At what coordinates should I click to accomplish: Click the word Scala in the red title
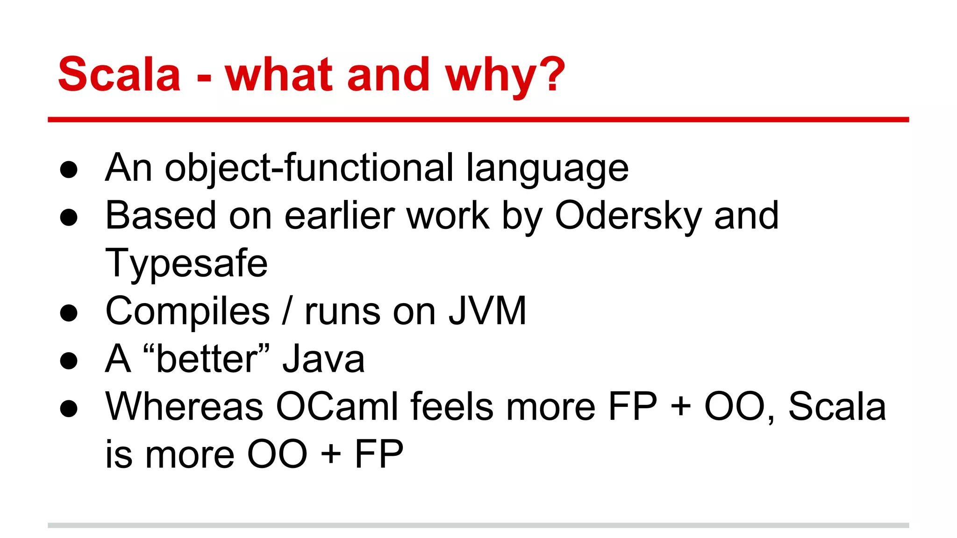click(119, 75)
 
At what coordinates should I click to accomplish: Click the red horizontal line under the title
click(478, 120)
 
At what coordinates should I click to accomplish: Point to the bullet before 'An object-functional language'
click(69, 170)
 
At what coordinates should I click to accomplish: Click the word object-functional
click(309, 168)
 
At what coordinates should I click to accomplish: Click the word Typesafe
click(186, 264)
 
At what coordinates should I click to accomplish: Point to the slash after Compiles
click(287, 311)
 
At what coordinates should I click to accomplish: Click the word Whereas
click(184, 406)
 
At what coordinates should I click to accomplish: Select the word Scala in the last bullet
click(837, 406)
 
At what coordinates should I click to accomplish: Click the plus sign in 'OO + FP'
click(331, 454)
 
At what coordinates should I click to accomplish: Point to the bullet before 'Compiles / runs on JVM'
click(69, 313)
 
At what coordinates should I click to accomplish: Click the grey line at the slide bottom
click(478, 525)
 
